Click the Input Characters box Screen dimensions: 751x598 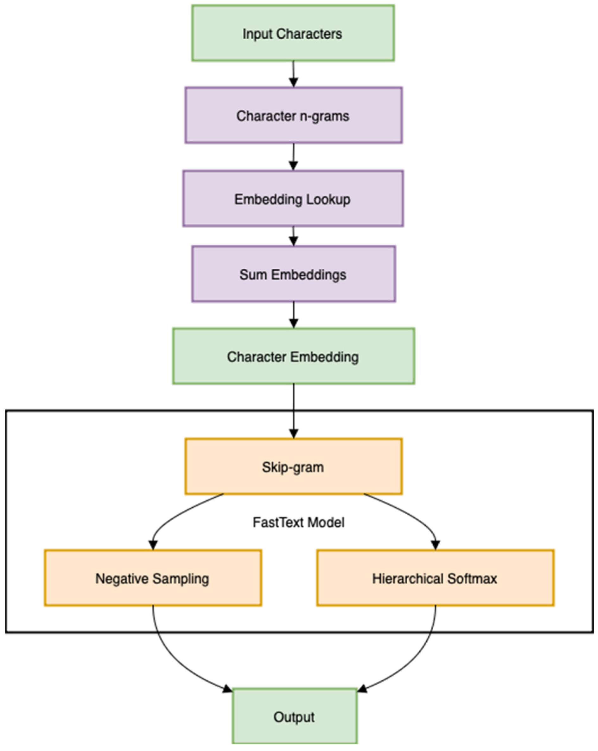[x=293, y=33]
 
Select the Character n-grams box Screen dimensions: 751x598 [x=293, y=115]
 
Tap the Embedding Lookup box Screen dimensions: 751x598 [x=293, y=199]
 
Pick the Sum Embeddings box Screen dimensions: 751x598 [x=293, y=274]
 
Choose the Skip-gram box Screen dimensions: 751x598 [x=293, y=466]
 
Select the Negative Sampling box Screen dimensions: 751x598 [x=153, y=578]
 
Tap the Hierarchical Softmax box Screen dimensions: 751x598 [x=435, y=578]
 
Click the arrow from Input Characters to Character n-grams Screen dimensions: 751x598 [x=293, y=74]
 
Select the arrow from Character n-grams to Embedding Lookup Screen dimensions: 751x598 [x=293, y=157]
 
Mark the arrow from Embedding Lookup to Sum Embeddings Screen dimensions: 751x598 [x=293, y=236]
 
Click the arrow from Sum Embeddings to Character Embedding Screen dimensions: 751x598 [x=293, y=315]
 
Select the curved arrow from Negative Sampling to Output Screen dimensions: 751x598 [x=167, y=655]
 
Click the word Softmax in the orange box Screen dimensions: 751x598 [x=472, y=579]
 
